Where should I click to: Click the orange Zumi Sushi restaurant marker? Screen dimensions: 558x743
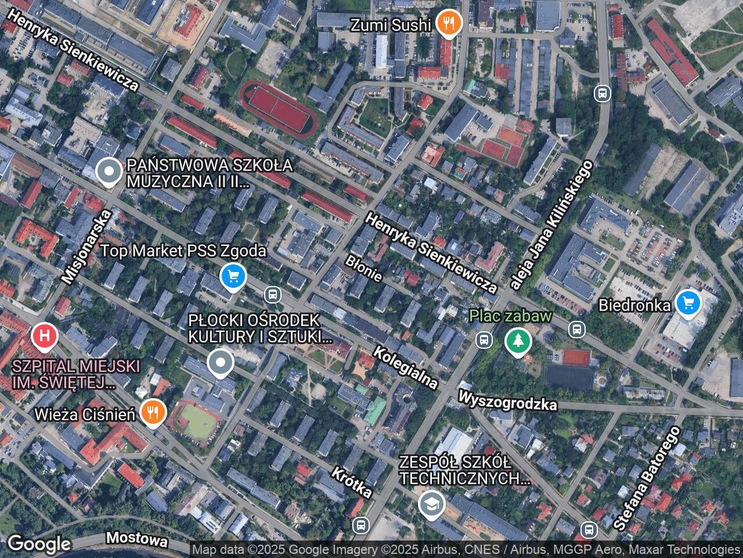click(448, 23)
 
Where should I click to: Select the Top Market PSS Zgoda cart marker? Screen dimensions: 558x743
click(233, 276)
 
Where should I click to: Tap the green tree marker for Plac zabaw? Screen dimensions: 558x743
click(518, 340)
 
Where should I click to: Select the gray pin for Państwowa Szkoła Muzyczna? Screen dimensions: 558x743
click(108, 171)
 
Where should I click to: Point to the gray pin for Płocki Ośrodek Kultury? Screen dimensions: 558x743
click(220, 363)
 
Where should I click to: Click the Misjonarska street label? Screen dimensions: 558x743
click(86, 247)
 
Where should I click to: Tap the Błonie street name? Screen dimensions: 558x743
click(364, 268)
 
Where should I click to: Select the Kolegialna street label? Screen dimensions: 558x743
click(405, 367)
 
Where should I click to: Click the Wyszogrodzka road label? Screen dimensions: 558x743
click(507, 400)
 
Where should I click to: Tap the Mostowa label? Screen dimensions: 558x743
click(138, 539)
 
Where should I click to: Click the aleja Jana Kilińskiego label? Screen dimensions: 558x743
click(551, 224)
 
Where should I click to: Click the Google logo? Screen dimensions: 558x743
click(38, 544)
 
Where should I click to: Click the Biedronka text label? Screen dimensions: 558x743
click(634, 304)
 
